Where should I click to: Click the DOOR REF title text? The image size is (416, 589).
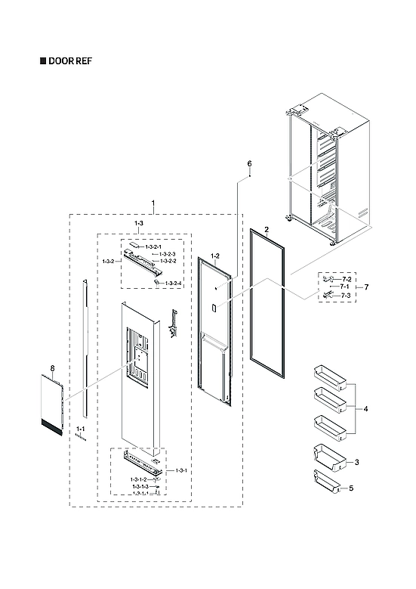tap(71, 60)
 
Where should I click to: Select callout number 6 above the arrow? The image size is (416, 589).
tap(249, 164)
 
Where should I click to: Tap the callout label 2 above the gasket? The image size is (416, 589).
tap(266, 226)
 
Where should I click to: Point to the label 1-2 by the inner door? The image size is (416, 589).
tap(214, 256)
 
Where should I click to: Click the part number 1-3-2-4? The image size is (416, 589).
tap(174, 283)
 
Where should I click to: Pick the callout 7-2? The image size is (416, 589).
tap(347, 280)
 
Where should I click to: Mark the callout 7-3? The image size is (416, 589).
tap(347, 295)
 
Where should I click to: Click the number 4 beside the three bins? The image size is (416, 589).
tap(365, 409)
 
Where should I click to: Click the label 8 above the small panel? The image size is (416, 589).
tap(53, 368)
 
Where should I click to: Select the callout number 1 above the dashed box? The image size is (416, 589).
tap(154, 204)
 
